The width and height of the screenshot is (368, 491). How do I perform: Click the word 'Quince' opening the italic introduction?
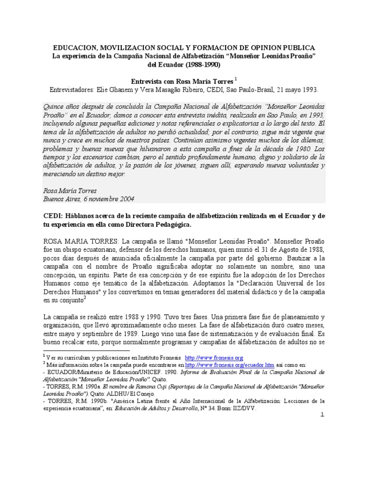tap(54, 105)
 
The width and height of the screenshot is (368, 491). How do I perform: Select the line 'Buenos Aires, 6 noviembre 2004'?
tap(89, 199)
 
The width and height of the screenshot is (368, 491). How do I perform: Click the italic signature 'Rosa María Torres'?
tap(71, 190)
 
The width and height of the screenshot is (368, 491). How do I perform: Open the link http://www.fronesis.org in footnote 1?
tap(214, 358)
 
